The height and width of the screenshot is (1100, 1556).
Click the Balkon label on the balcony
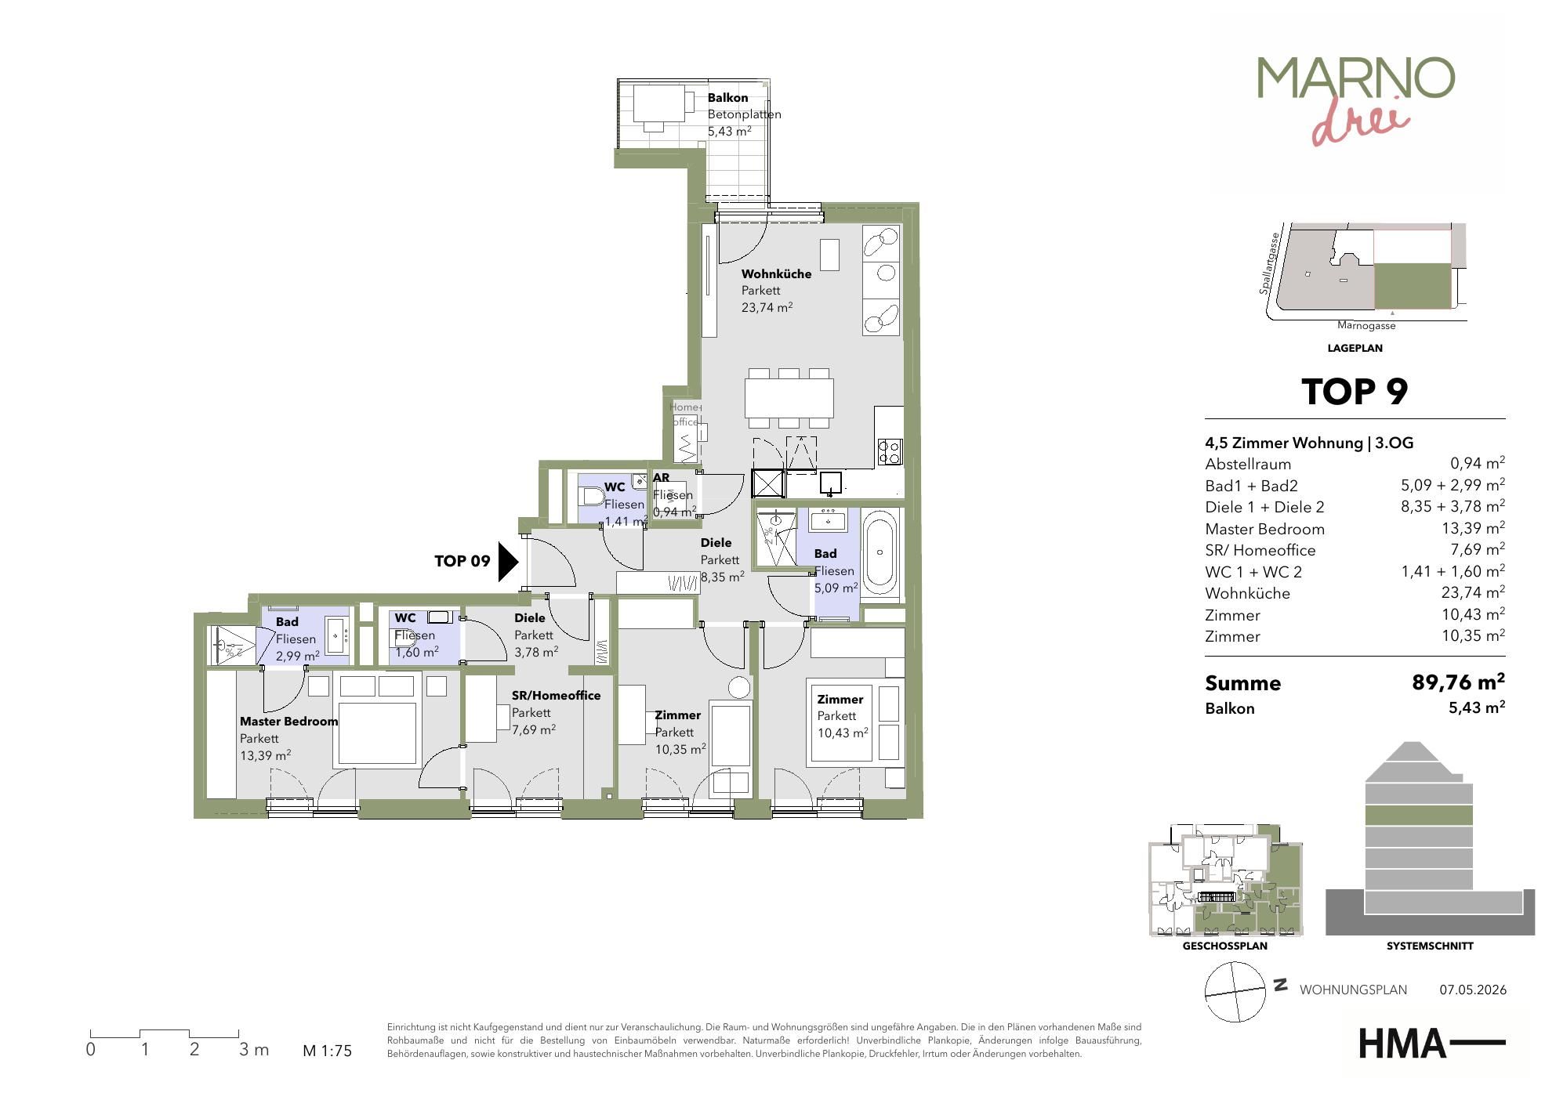(x=727, y=98)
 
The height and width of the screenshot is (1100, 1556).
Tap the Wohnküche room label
(x=776, y=274)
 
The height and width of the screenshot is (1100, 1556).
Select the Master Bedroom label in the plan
(x=288, y=722)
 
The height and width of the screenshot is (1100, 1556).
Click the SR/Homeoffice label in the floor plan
(x=556, y=696)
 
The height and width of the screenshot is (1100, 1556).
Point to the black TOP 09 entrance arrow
(x=509, y=562)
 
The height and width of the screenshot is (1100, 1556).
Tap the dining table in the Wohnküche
(x=789, y=398)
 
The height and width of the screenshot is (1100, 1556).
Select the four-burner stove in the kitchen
(x=890, y=450)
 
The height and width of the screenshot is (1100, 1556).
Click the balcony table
(x=658, y=103)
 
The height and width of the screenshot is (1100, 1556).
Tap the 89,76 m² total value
(x=1458, y=682)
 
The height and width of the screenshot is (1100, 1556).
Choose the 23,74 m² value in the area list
(x=1473, y=592)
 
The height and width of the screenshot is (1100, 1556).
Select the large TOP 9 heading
(x=1355, y=392)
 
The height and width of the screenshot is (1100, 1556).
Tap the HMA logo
(x=1431, y=1044)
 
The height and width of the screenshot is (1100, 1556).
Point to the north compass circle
(x=1235, y=992)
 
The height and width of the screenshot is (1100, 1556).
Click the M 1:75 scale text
(x=328, y=1051)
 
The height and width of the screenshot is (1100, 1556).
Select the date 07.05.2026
(x=1473, y=990)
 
